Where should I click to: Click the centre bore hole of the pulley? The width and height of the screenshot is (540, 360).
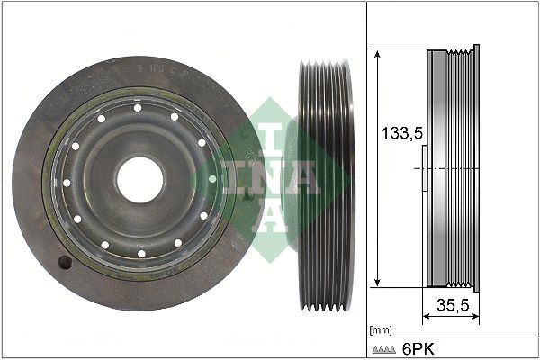[x=140, y=179]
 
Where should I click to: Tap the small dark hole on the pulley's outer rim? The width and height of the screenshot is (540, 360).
[x=64, y=263]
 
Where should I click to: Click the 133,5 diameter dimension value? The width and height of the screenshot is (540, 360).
[x=398, y=134]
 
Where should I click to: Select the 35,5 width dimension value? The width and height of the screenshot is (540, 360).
[x=452, y=305]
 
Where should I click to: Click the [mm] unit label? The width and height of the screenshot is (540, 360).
[x=380, y=330]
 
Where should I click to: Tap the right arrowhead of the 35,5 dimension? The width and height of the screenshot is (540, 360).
[x=474, y=317]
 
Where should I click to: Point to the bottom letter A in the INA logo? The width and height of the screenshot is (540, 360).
[x=270, y=216]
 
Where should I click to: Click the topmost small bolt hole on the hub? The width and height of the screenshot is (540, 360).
[x=139, y=108]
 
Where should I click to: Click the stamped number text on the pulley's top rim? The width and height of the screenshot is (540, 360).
[x=157, y=68]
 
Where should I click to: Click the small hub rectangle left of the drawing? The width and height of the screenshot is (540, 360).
[x=423, y=167]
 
